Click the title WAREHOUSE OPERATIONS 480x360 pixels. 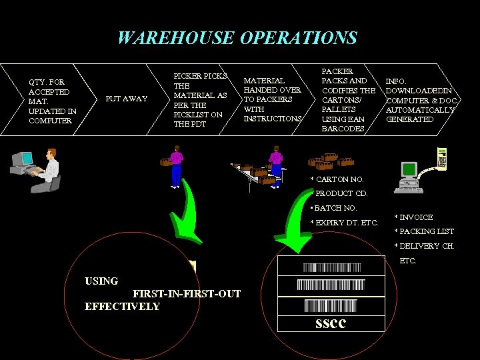(x=237, y=38)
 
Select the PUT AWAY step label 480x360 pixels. (x=127, y=99)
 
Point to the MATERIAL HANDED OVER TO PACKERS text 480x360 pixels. (x=272, y=99)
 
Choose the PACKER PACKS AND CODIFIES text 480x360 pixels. (x=348, y=99)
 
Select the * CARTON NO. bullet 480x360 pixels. (x=337, y=179)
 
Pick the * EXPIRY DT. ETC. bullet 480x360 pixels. (x=344, y=222)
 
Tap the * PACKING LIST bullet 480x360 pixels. (x=424, y=231)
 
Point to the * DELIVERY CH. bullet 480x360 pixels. (x=424, y=246)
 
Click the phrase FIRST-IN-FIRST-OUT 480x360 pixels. (x=187, y=294)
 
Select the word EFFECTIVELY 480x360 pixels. (x=123, y=307)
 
